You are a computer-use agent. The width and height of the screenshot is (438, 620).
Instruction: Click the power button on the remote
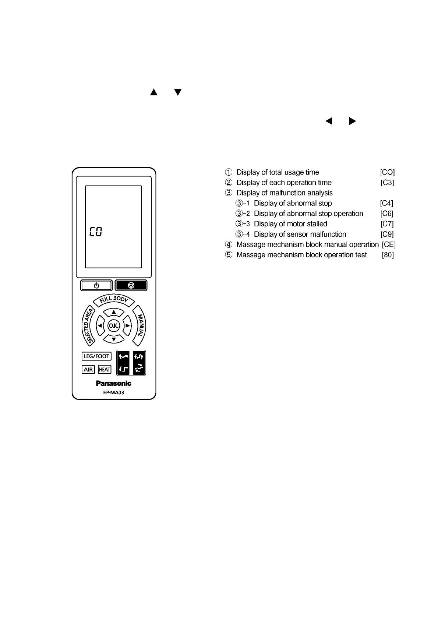click(96, 285)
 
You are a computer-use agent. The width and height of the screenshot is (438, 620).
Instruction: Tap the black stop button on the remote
click(131, 285)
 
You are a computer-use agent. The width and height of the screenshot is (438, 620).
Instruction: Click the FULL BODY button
click(114, 300)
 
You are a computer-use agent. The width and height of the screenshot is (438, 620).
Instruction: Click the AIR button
click(88, 369)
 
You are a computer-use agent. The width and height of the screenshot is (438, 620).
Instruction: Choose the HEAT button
click(105, 369)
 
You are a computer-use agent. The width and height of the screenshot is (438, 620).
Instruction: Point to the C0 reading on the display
click(96, 232)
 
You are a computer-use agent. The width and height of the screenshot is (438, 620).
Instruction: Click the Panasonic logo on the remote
click(113, 383)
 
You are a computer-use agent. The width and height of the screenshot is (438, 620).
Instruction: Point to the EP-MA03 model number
click(113, 392)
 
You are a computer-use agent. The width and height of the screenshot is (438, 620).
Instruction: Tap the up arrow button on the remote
click(114, 312)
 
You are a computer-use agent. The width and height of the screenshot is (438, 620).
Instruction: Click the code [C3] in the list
click(387, 183)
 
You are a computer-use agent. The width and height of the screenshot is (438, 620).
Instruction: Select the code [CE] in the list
click(389, 244)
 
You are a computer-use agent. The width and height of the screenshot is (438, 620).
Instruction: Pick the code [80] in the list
click(388, 255)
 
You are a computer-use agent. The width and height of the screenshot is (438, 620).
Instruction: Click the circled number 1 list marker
click(229, 172)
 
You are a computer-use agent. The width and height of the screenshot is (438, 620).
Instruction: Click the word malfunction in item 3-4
click(328, 234)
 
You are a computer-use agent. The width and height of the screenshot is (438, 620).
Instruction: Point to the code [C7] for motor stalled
click(387, 224)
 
